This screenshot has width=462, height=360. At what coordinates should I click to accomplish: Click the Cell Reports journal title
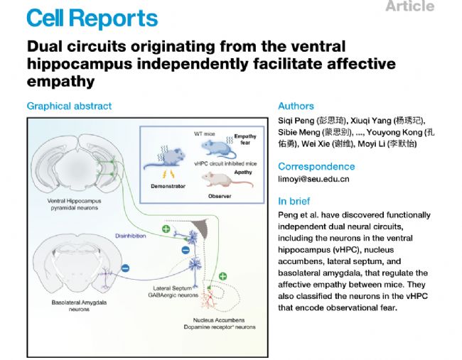(93, 18)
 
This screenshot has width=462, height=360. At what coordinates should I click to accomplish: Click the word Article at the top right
(409, 6)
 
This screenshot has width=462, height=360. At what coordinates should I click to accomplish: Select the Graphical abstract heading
(69, 106)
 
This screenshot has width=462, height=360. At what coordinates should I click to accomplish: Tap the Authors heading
(296, 106)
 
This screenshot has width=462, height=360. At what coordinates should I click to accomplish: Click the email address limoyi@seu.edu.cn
(313, 179)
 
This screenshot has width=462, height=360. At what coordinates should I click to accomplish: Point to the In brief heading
(294, 201)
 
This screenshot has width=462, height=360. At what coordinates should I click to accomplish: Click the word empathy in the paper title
(60, 81)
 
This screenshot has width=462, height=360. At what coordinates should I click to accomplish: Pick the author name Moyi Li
(388, 144)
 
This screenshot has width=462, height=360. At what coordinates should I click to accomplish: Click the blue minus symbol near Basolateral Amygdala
(125, 269)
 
